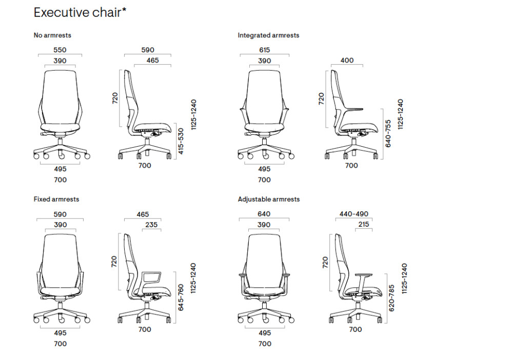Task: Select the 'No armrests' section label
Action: pos(52,35)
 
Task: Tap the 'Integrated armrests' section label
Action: pos(268,35)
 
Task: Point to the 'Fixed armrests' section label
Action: pos(56,199)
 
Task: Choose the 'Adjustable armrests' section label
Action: pos(269,199)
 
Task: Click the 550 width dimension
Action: pos(61,50)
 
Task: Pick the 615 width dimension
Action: pos(265,50)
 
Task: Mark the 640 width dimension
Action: pos(265,214)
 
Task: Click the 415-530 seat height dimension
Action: pos(181,142)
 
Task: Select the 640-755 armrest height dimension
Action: pos(388,133)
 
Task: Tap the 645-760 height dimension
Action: pos(181,298)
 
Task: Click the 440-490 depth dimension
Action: pos(354,214)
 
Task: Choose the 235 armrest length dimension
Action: pos(151,225)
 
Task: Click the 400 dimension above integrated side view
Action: pos(347,61)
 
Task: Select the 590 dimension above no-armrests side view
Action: pos(148,50)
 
